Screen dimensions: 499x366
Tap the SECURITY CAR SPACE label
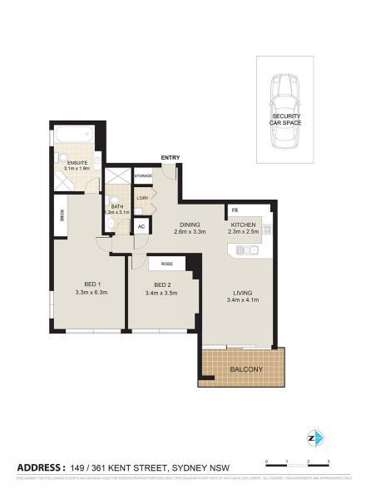(x=285, y=119)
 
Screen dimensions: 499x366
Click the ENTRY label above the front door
(x=171, y=157)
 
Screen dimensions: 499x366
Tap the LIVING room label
(x=243, y=293)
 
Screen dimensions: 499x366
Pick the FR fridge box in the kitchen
(x=236, y=210)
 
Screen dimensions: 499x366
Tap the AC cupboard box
(x=141, y=226)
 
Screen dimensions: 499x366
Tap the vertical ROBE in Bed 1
(x=62, y=215)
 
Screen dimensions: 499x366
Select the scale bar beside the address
(x=298, y=463)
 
